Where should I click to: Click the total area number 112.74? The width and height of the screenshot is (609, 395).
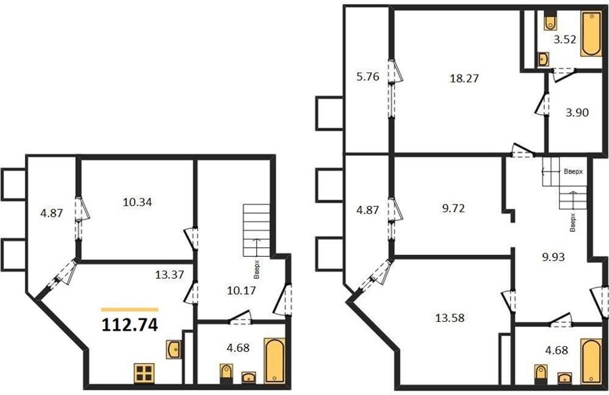[130, 325]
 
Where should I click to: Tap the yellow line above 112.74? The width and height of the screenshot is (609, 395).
[130, 310]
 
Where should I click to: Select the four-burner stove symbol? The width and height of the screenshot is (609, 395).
[144, 373]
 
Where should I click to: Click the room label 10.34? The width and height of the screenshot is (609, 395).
[137, 202]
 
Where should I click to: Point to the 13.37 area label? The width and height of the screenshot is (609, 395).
[170, 275]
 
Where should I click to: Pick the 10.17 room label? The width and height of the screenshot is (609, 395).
[242, 290]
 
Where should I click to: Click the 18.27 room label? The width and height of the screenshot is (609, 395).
[464, 79]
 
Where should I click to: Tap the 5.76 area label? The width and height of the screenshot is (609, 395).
[368, 77]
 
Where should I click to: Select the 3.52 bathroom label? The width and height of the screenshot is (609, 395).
[565, 39]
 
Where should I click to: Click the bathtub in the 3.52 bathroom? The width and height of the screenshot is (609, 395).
[591, 34]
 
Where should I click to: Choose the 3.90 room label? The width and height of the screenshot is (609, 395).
[577, 112]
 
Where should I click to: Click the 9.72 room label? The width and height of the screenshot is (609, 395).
[453, 209]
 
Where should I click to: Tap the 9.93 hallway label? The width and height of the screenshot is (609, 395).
[554, 257]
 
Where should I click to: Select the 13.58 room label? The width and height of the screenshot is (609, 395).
[450, 318]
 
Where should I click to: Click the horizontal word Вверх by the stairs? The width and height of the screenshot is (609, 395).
[573, 171]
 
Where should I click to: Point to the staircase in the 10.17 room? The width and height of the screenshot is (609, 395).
[256, 230]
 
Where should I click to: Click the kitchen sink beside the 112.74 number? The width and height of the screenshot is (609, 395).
[173, 350]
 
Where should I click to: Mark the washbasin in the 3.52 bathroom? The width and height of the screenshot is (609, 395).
[543, 59]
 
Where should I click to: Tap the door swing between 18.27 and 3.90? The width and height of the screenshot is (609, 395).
[542, 104]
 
